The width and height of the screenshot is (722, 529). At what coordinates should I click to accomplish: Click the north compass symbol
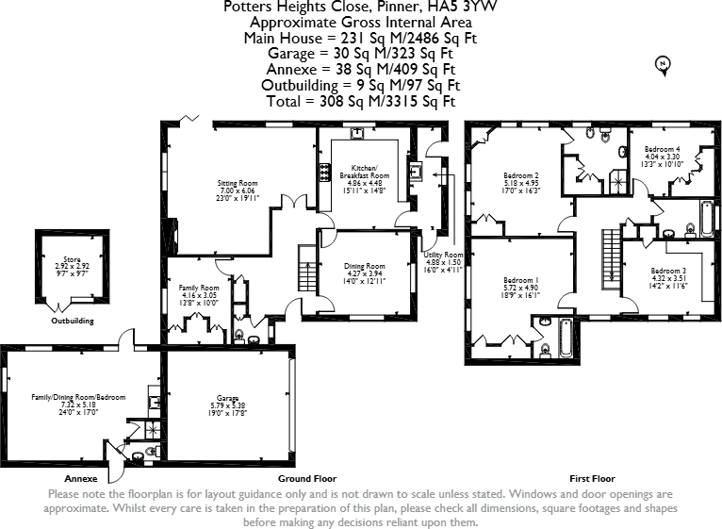tap(663, 64)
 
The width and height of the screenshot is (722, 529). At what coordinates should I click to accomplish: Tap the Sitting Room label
tap(238, 183)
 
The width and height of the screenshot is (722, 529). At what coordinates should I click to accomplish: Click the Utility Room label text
tap(443, 255)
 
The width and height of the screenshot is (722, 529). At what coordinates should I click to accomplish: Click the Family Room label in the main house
tap(199, 288)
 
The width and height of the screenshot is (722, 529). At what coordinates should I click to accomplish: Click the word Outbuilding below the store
tap(73, 321)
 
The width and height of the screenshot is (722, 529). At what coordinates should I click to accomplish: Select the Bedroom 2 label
tap(520, 175)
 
